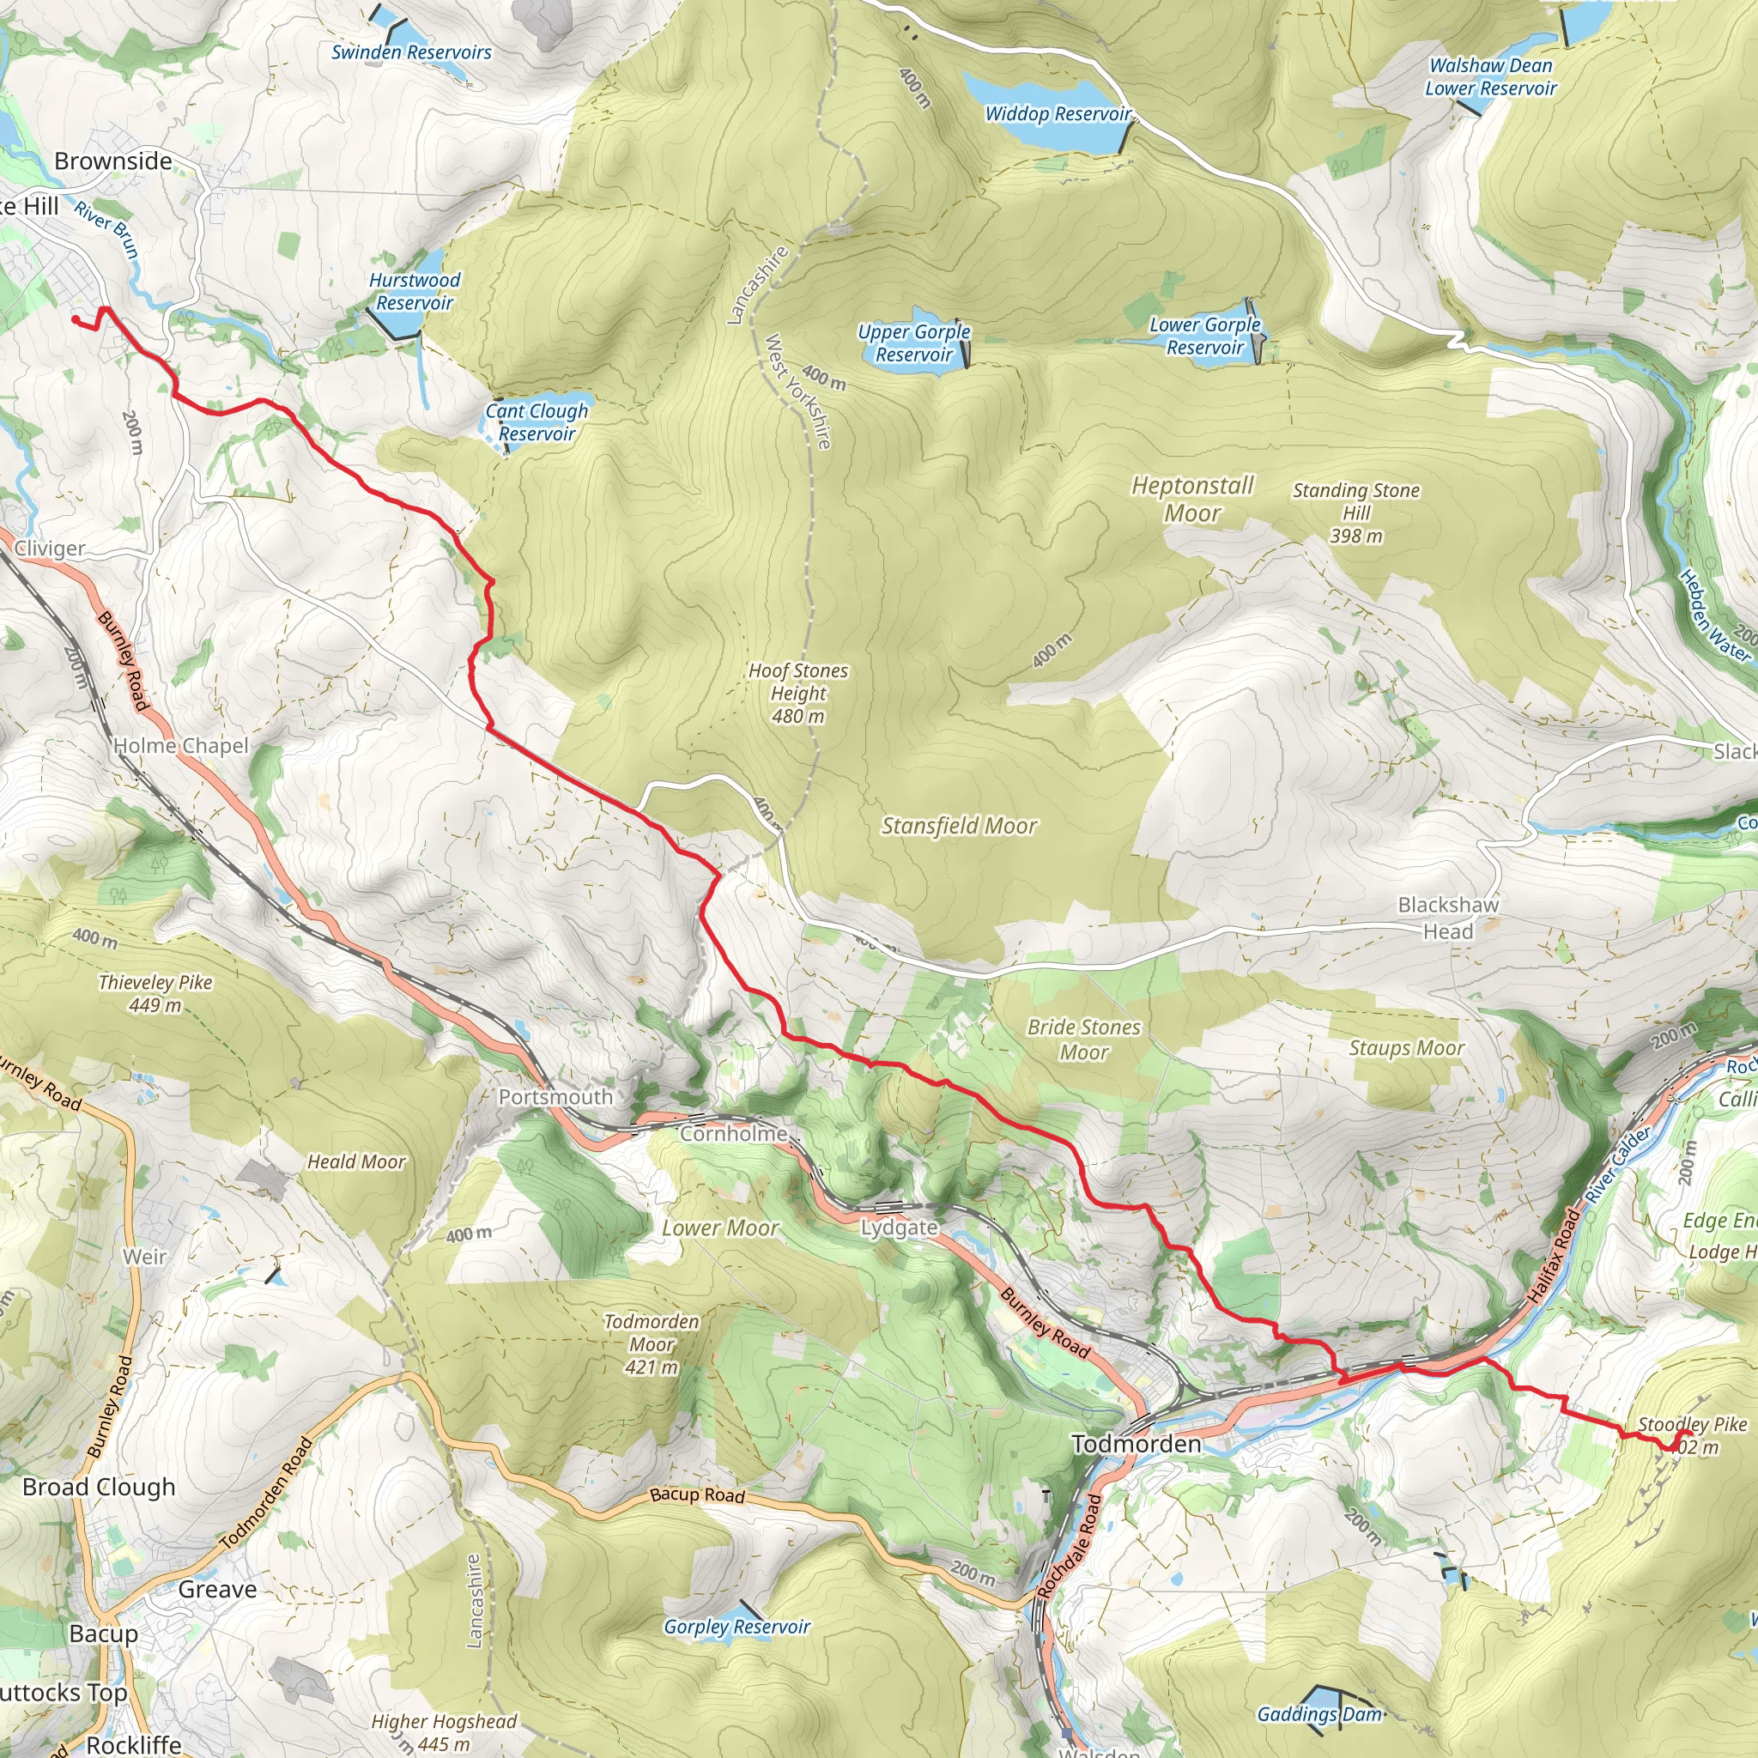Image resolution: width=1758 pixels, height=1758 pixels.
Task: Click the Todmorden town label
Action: [x=1136, y=1444]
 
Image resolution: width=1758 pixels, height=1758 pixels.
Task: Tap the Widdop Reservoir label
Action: [x=1058, y=114]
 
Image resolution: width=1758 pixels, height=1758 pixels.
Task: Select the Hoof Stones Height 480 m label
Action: [x=798, y=694]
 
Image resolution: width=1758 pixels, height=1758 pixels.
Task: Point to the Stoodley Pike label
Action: [x=1693, y=1425]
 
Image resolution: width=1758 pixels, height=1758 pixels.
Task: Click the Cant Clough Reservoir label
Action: [x=536, y=422]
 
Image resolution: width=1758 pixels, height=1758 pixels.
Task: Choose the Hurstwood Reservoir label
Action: [x=415, y=291]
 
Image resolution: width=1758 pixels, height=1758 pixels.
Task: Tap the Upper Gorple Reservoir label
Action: [x=913, y=343]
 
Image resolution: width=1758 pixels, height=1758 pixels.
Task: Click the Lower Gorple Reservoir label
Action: [x=1204, y=336]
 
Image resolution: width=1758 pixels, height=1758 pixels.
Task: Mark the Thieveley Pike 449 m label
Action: [x=155, y=994]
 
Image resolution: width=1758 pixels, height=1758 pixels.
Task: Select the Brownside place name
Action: [x=112, y=161]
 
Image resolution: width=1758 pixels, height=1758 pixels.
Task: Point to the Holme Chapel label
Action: [x=180, y=745]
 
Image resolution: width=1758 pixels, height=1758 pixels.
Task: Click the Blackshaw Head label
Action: [x=1448, y=918]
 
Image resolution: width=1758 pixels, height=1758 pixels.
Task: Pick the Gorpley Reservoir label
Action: [x=737, y=1627]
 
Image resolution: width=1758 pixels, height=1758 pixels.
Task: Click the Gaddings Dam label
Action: [x=1318, y=1714]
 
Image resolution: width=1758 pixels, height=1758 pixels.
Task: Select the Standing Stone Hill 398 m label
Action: [x=1355, y=513]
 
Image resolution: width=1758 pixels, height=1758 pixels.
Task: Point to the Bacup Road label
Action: [x=697, y=1495]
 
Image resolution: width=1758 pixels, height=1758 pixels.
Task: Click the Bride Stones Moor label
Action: [x=1084, y=1040]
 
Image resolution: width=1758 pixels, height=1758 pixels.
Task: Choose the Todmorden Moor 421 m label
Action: [x=652, y=1344]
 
